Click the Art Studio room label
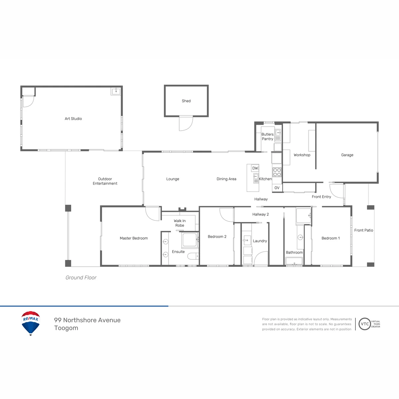[x=73, y=119]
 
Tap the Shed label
[x=186, y=101]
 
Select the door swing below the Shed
[x=186, y=124]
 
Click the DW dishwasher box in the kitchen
[x=255, y=168]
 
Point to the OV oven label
[x=277, y=188]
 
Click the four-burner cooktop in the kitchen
[x=277, y=172]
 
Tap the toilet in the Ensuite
[x=193, y=256]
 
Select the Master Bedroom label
[x=134, y=238]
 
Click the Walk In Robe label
[x=180, y=223]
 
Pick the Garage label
[x=347, y=155]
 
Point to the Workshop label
[x=302, y=155]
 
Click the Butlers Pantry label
[x=268, y=136]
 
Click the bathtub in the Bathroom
[x=294, y=261]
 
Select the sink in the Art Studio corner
[x=116, y=91]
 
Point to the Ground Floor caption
[x=81, y=277]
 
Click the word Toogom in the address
[x=66, y=328]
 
